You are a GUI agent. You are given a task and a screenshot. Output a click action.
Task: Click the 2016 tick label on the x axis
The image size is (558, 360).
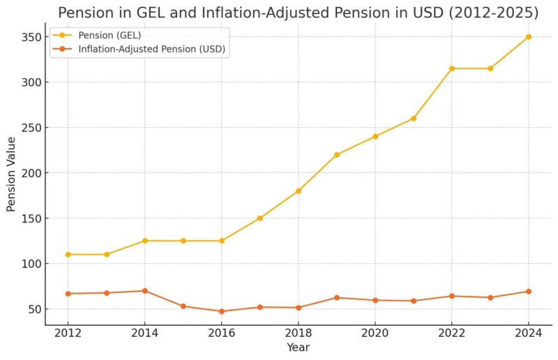pos(222,333)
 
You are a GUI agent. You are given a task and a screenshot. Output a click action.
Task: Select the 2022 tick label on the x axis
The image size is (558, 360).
pos(451,333)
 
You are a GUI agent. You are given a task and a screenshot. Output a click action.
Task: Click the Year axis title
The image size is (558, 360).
pos(298,347)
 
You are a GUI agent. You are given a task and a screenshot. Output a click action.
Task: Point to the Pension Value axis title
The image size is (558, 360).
pos(12,173)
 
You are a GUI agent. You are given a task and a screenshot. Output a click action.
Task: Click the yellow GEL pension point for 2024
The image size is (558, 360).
pos(528,37)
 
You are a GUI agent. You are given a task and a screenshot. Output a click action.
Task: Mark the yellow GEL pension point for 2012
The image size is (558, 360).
pos(68,255)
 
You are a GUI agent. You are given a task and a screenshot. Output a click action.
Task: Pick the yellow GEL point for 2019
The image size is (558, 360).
pos(336,155)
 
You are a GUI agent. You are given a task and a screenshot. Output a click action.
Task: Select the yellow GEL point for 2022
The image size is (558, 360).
pos(451,68)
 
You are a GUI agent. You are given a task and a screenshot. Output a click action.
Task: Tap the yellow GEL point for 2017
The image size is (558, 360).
pos(259,218)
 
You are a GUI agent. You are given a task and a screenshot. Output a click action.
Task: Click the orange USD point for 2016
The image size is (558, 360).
pos(222,311)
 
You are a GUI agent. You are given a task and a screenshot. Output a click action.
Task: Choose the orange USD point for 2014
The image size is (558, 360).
pos(145,291)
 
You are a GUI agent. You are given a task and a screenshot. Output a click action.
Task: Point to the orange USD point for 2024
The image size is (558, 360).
pos(528,292)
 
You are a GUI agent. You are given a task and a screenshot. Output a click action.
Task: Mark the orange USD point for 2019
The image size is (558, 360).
pos(336,298)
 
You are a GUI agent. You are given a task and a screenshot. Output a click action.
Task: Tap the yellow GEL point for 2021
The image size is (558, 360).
pos(413,119)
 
